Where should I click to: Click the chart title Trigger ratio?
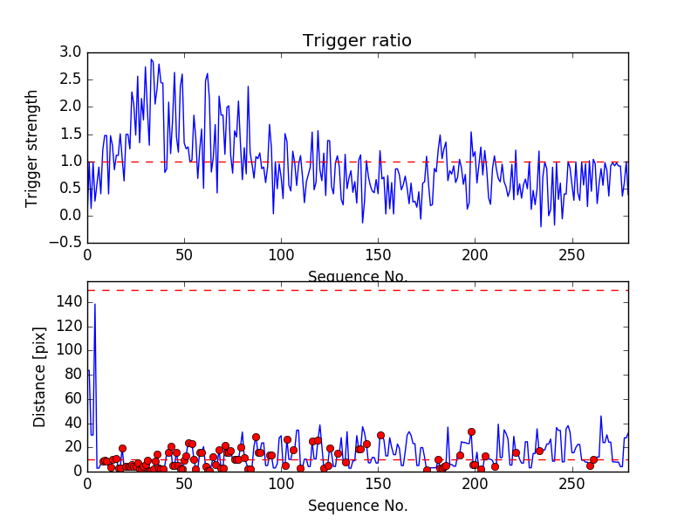tap(357, 41)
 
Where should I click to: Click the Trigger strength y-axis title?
tap(32, 148)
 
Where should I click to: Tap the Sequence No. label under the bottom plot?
tap(358, 506)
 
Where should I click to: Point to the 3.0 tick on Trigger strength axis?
tap(72, 52)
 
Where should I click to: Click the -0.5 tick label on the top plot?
tap(66, 243)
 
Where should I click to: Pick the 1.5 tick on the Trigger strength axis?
tap(72, 134)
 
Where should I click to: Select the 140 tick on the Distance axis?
tap(67, 302)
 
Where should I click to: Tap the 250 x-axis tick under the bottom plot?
tap(571, 486)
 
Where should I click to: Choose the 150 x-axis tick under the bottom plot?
tap(378, 486)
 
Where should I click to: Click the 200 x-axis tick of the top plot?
tap(475, 255)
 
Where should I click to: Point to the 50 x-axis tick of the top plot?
tap(184, 255)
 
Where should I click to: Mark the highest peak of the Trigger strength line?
tap(151, 59)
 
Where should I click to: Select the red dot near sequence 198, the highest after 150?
tap(471, 431)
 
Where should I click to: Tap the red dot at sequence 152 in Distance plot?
tap(380, 435)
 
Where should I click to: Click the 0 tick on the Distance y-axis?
tap(76, 471)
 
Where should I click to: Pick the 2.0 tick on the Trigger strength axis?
tap(72, 107)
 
